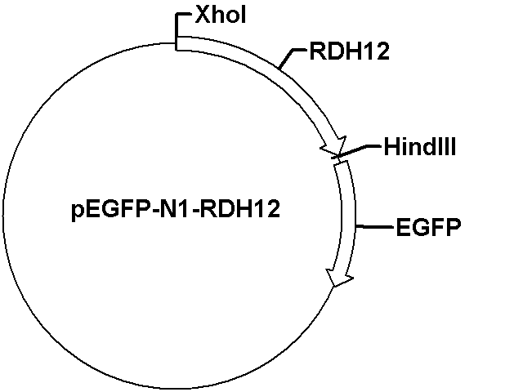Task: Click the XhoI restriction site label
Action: [x=221, y=15]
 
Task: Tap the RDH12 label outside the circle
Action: [x=350, y=51]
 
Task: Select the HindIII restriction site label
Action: [x=420, y=146]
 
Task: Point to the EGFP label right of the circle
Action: [x=428, y=227]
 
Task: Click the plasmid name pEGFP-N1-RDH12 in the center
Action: [x=176, y=209]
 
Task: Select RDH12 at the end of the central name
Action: [x=240, y=209]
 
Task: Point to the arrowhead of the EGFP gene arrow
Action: [x=340, y=276]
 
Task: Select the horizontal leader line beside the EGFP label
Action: [x=374, y=227]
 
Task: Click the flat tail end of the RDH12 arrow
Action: [x=177, y=43]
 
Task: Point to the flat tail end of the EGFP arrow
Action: [x=342, y=163]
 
